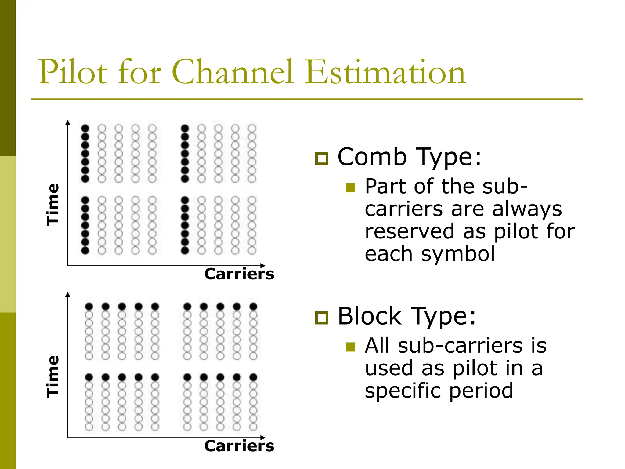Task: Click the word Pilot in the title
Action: [73, 72]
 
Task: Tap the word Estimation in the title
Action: [385, 72]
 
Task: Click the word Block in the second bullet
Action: [370, 316]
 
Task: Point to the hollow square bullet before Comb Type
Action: [322, 158]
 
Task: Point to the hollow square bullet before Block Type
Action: [322, 318]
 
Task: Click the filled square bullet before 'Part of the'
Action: [351, 188]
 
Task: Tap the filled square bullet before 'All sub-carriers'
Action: [351, 347]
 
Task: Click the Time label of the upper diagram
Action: [52, 205]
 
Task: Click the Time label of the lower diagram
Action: [52, 376]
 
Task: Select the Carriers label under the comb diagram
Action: [239, 274]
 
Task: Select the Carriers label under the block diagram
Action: [239, 446]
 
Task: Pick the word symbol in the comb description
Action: [458, 255]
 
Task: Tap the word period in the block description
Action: [481, 391]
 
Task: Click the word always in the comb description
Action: [527, 210]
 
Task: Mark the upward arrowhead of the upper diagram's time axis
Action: [68, 122]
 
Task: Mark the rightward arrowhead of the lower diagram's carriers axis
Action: [263, 438]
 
